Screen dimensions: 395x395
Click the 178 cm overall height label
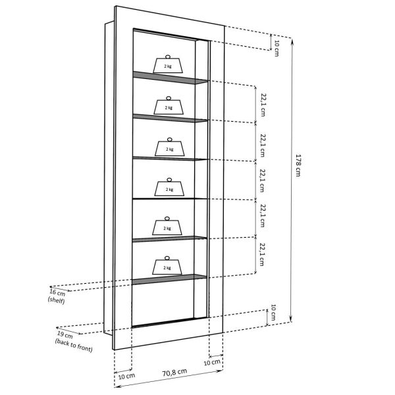[x=298, y=165]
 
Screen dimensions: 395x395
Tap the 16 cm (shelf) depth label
[x=57, y=294]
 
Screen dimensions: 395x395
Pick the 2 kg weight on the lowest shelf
[x=168, y=266]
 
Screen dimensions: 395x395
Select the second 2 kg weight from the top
[x=168, y=105]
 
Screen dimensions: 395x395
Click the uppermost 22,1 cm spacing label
[x=263, y=103]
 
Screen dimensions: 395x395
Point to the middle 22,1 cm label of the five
[x=263, y=180]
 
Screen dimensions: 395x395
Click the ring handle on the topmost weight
[x=168, y=56]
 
